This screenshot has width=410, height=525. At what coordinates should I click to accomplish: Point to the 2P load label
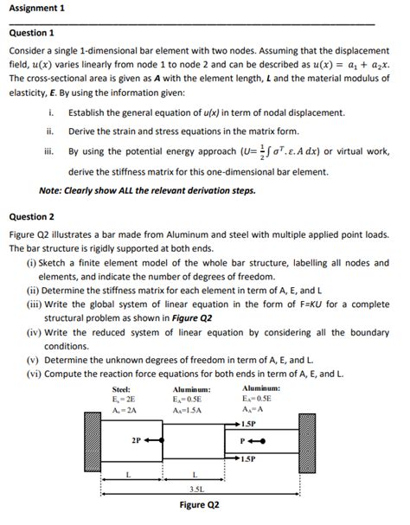tap(136, 439)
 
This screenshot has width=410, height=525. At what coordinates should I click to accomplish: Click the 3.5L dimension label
tap(197, 488)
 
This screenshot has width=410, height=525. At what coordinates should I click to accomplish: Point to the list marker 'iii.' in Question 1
tap(51, 150)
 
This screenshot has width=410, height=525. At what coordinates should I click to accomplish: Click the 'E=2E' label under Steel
tap(124, 400)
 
